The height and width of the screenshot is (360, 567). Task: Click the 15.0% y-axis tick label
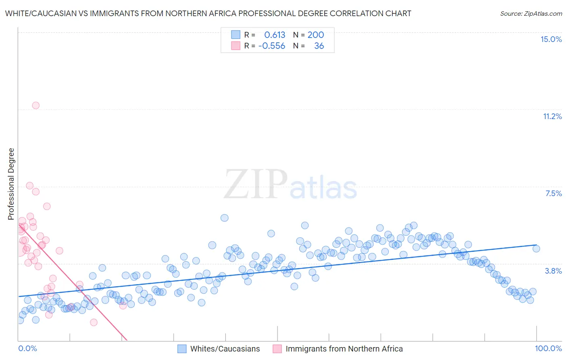coord(551,39)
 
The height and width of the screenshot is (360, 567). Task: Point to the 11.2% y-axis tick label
coord(552,116)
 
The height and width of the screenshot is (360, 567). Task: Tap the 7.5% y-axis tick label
coord(553,193)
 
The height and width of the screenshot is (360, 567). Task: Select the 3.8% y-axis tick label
coord(553,271)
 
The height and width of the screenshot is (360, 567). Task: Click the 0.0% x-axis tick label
coord(27,348)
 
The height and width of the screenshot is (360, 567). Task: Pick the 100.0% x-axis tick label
coord(548,348)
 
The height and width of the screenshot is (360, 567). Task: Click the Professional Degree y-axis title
coord(11,184)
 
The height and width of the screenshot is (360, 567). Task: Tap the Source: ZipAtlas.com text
coord(531,13)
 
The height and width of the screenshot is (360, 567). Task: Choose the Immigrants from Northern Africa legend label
coord(344,349)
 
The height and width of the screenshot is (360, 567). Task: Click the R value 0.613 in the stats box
coord(275,35)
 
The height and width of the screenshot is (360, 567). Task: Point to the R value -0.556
coord(271,46)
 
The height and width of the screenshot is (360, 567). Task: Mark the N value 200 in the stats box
coord(316,35)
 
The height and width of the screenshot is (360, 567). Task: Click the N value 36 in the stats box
coord(319,46)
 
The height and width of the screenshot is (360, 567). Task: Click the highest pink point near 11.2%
coord(35,105)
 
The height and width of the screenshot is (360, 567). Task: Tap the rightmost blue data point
coord(536,249)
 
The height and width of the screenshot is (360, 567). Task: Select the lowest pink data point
coord(94,322)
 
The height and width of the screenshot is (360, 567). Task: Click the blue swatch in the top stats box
coord(236,35)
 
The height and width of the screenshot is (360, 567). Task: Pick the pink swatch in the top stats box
coord(236,46)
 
